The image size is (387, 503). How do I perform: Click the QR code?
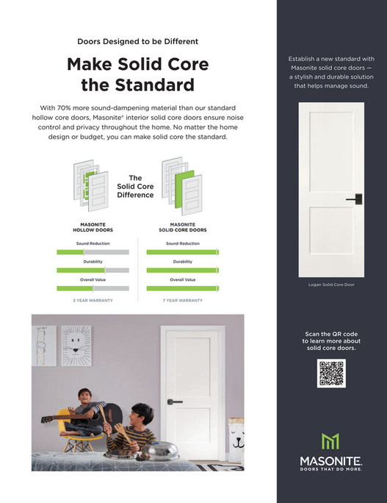(331, 374)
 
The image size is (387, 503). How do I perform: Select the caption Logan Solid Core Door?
(331, 285)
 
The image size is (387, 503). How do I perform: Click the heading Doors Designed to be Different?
(137, 42)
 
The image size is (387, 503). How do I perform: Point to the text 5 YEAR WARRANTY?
(92, 301)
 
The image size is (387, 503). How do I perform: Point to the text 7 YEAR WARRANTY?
(182, 301)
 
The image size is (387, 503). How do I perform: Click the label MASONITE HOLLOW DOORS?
(93, 228)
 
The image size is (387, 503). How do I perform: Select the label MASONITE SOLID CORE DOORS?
(182, 228)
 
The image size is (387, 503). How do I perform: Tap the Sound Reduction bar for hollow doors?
(93, 251)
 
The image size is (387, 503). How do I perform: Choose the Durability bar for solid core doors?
(182, 270)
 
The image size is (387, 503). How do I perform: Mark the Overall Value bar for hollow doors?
(93, 288)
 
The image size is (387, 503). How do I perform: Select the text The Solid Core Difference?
(135, 186)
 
